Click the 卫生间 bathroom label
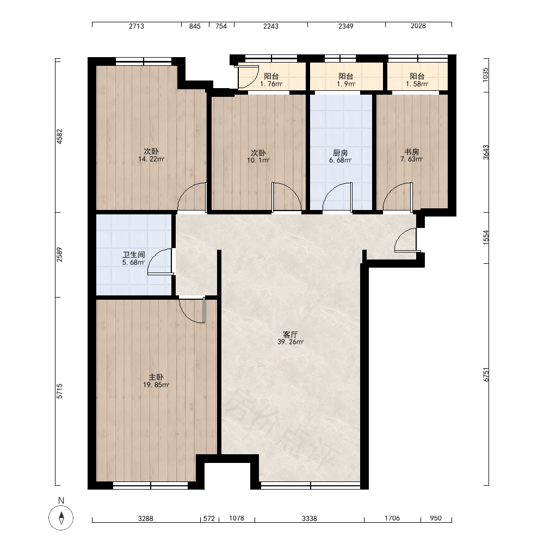click(134, 255)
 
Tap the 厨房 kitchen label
click(341, 153)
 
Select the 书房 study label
click(412, 152)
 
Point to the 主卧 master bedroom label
click(156, 377)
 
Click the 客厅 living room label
click(290, 335)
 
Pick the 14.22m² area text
click(151, 159)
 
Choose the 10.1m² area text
click(258, 160)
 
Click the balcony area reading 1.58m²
click(417, 84)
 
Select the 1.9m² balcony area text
click(346, 84)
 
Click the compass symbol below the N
click(61, 518)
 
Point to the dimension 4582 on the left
click(60, 137)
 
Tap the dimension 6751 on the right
click(486, 375)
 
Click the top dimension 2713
click(137, 26)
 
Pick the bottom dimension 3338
click(309, 518)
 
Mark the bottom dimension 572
click(209, 518)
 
